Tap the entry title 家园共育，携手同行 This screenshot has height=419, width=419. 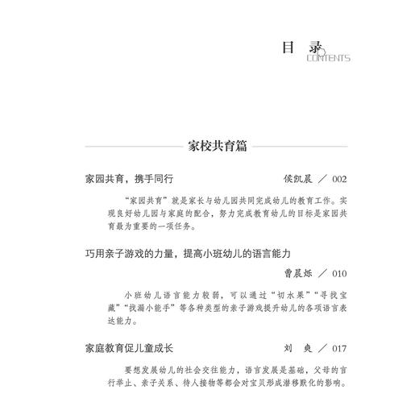click(x=129, y=178)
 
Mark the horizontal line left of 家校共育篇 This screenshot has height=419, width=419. click(x=122, y=149)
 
